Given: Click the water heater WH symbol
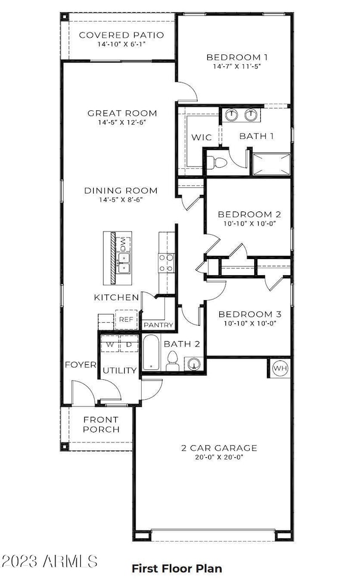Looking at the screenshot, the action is (x=280, y=368).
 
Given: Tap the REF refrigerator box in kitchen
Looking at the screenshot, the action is (x=126, y=319).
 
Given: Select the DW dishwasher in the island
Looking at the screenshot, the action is (x=123, y=244).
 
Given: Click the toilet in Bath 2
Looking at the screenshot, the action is (x=172, y=361).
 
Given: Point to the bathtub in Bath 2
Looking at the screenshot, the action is (x=152, y=353).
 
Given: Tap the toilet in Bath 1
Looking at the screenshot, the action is (x=217, y=163).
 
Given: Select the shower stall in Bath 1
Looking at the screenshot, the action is (x=271, y=164).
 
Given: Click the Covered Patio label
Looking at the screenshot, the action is (x=121, y=35).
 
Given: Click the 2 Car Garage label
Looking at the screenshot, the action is (x=219, y=448).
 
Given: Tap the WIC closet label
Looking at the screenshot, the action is (x=202, y=137).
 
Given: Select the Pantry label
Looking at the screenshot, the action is (x=158, y=325).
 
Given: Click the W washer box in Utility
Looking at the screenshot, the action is (x=110, y=344).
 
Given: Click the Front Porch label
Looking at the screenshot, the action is (x=101, y=425).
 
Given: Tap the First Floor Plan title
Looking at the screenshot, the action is (x=177, y=569).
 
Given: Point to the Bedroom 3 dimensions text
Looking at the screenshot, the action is (x=250, y=323).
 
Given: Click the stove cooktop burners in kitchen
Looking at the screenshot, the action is (x=166, y=263).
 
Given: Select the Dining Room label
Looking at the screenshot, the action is (x=121, y=190).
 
